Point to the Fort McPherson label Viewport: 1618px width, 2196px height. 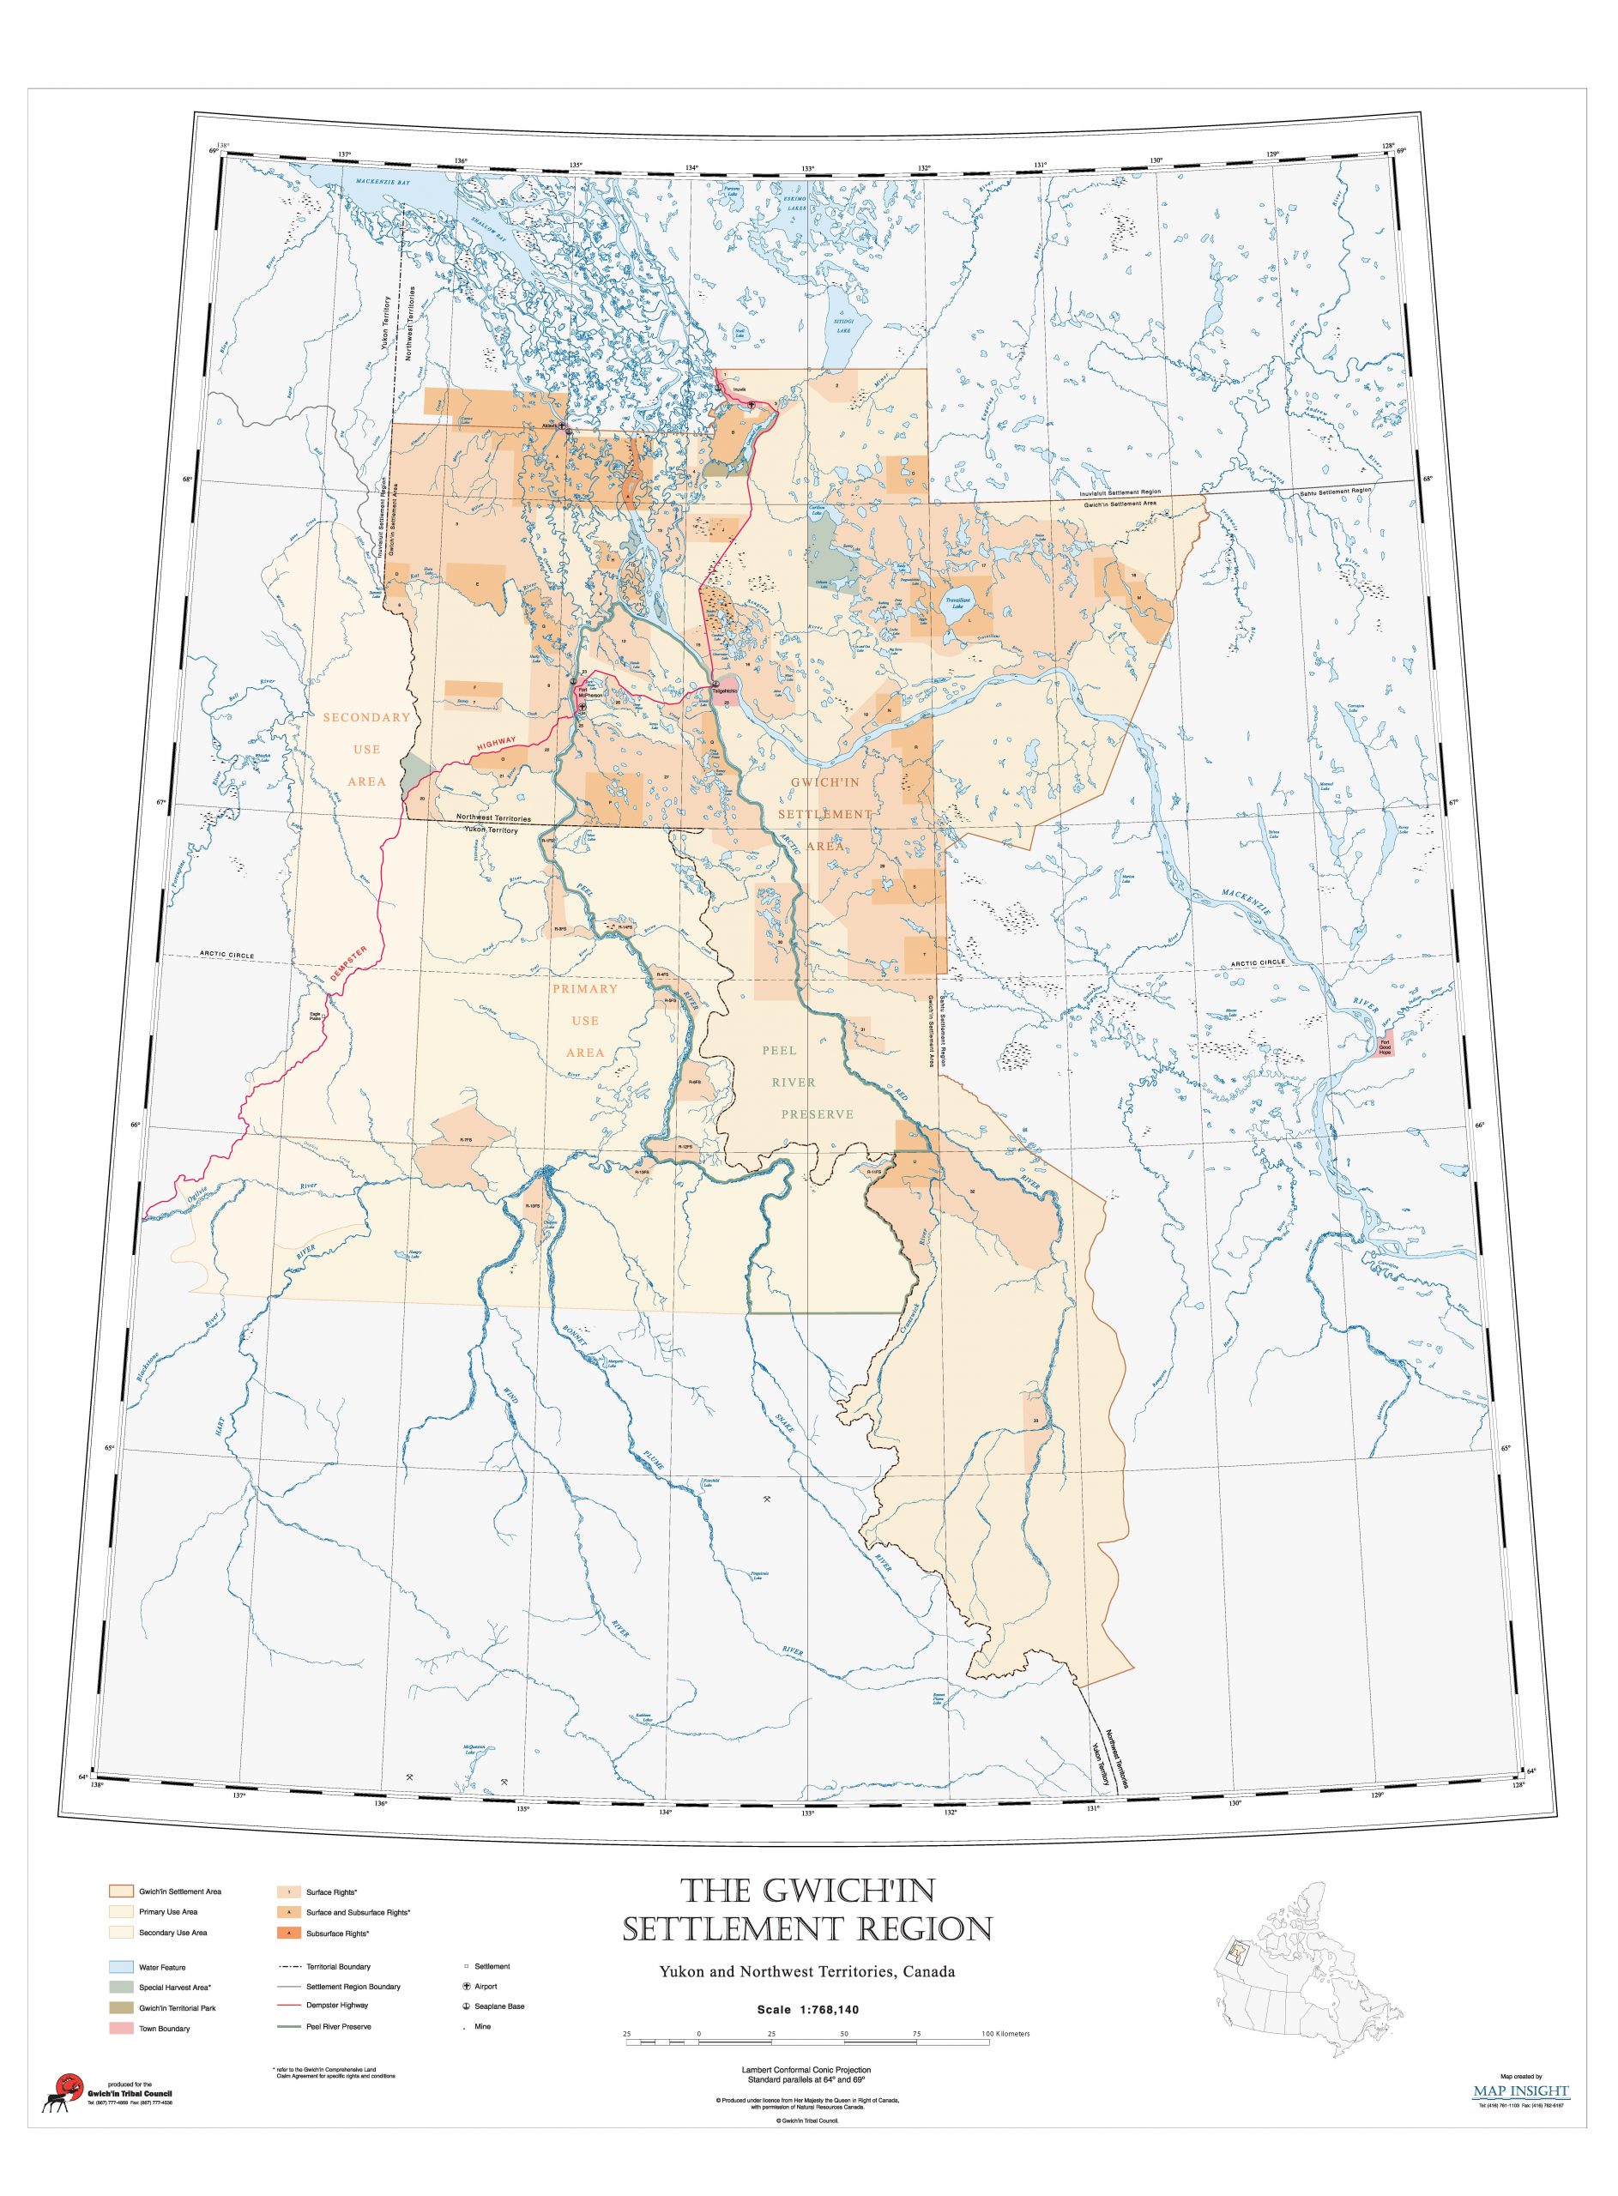tap(587, 692)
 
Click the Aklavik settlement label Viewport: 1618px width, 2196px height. tap(549, 425)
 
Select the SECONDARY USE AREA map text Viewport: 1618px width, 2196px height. tap(366, 749)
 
